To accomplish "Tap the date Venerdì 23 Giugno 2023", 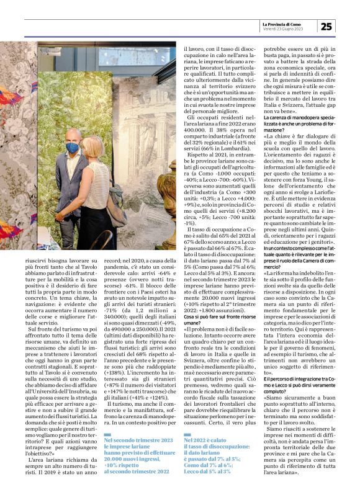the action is (x=282, y=29).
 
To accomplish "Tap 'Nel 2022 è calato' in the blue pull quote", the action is (x=202, y=457).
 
